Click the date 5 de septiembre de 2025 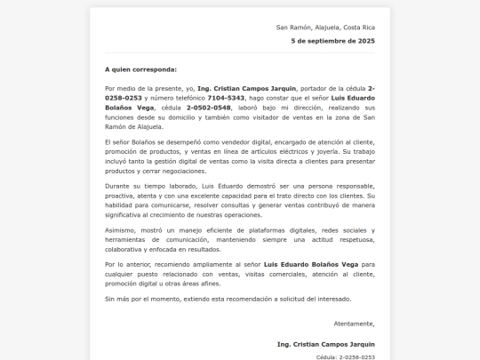point(333,41)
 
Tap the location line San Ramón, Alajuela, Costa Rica point(325,28)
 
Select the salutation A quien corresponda point(140,68)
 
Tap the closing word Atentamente point(353,324)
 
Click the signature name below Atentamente point(325,343)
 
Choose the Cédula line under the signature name point(345,356)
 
